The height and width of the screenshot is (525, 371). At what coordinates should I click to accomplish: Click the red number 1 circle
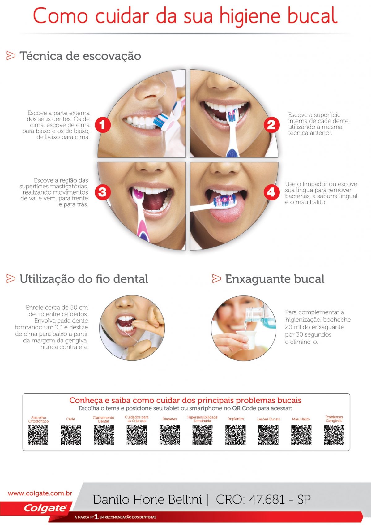[103, 125]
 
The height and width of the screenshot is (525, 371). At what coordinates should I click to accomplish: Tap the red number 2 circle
[271, 125]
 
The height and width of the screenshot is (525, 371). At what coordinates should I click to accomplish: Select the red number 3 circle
[103, 192]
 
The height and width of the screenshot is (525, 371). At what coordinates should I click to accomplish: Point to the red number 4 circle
[271, 192]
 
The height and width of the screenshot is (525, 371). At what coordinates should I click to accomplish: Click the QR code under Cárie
[71, 435]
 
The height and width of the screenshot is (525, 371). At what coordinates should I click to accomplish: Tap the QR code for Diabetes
[169, 435]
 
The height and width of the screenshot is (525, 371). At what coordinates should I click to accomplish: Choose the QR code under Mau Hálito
[301, 435]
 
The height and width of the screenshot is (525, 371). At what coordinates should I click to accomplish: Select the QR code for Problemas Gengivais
[334, 435]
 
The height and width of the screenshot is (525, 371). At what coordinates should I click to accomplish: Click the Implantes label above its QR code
[236, 419]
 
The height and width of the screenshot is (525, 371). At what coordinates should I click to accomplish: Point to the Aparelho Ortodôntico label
[38, 419]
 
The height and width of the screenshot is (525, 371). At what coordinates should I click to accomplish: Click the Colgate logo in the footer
[45, 508]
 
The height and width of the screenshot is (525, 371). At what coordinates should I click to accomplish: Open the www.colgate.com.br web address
[40, 493]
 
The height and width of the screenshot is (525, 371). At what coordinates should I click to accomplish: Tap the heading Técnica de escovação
[80, 56]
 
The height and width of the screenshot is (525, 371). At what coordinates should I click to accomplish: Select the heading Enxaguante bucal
[275, 279]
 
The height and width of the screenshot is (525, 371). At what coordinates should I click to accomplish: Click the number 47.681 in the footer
[267, 499]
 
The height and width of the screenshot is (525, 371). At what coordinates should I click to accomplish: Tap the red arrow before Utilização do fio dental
[11, 279]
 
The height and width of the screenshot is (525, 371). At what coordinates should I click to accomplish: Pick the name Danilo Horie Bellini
[147, 499]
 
